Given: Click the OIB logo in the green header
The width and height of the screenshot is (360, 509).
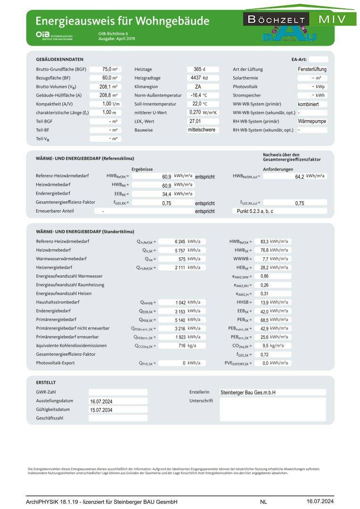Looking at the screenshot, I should click(x=41, y=35).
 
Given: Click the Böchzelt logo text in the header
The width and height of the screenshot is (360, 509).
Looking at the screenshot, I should click(x=276, y=20).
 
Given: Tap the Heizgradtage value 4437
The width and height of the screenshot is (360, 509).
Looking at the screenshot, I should click(x=196, y=78).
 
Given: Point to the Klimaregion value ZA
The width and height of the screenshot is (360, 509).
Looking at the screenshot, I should click(x=198, y=87).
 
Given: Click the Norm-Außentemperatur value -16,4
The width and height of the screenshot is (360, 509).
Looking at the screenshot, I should click(x=196, y=95).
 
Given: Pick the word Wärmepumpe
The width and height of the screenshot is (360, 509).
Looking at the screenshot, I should click(x=312, y=121).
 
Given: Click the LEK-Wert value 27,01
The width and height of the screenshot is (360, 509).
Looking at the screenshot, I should click(x=195, y=121).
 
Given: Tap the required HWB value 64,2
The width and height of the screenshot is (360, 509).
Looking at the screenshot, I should click(x=299, y=176).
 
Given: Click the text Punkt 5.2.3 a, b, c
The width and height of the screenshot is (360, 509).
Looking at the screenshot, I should click(x=255, y=211).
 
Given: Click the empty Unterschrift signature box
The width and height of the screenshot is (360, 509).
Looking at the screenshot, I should click(x=272, y=410).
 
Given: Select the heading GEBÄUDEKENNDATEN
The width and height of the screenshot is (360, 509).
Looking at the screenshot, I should click(x=59, y=59).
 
